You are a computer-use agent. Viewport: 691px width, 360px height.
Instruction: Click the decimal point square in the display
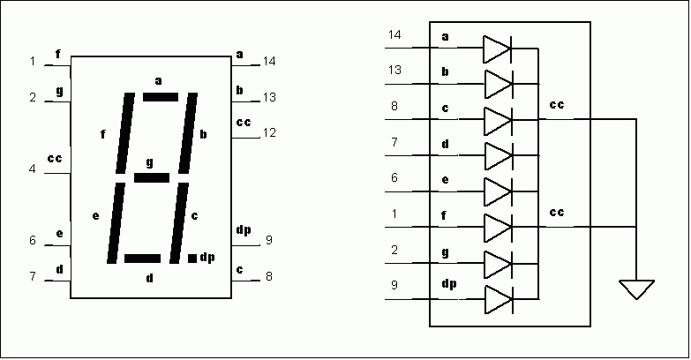pos(192,259)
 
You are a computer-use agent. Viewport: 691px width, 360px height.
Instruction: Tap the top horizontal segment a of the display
pos(161,97)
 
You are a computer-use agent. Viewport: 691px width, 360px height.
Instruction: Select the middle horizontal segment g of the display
pos(152,177)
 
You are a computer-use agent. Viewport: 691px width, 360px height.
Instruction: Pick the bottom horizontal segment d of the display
pos(142,259)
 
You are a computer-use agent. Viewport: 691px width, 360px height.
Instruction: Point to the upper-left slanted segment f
pos(125,133)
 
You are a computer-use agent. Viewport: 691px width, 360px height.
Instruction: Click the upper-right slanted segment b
pos(188,133)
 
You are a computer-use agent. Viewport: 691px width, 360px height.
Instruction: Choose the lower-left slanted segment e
pos(116,223)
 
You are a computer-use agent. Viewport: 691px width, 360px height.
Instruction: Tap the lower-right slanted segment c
pos(179,223)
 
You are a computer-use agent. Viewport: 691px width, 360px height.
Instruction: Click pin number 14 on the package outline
pos(269,61)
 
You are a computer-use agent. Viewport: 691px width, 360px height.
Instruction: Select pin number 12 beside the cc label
pos(269,132)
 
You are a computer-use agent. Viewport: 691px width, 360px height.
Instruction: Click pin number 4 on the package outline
pos(32,169)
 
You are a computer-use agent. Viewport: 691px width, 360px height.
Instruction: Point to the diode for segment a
pos(498,49)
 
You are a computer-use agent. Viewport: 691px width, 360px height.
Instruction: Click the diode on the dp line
pos(499,300)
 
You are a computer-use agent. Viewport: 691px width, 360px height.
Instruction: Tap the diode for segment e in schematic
pos(499,191)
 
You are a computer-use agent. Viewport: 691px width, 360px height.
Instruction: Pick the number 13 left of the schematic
pos(394,70)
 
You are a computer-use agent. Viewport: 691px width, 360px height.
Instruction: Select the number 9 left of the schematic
pos(394,285)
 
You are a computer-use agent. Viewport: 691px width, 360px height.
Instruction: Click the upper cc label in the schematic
pos(557,104)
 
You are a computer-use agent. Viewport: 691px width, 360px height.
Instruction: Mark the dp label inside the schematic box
pos(449,284)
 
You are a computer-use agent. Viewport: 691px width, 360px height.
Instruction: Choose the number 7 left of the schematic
pos(394,142)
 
